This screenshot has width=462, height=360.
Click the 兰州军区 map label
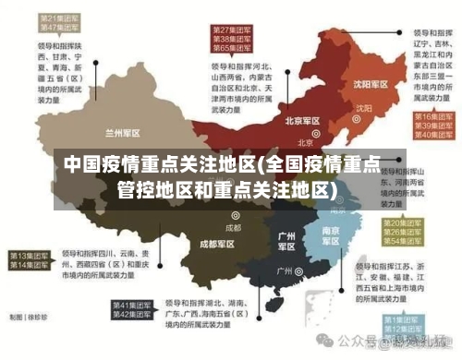(x=124, y=132)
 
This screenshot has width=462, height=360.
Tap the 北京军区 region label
(x=302, y=121)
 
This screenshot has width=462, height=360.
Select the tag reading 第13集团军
(x=29, y=255)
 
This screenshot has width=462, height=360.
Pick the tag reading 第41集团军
(x=132, y=304)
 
